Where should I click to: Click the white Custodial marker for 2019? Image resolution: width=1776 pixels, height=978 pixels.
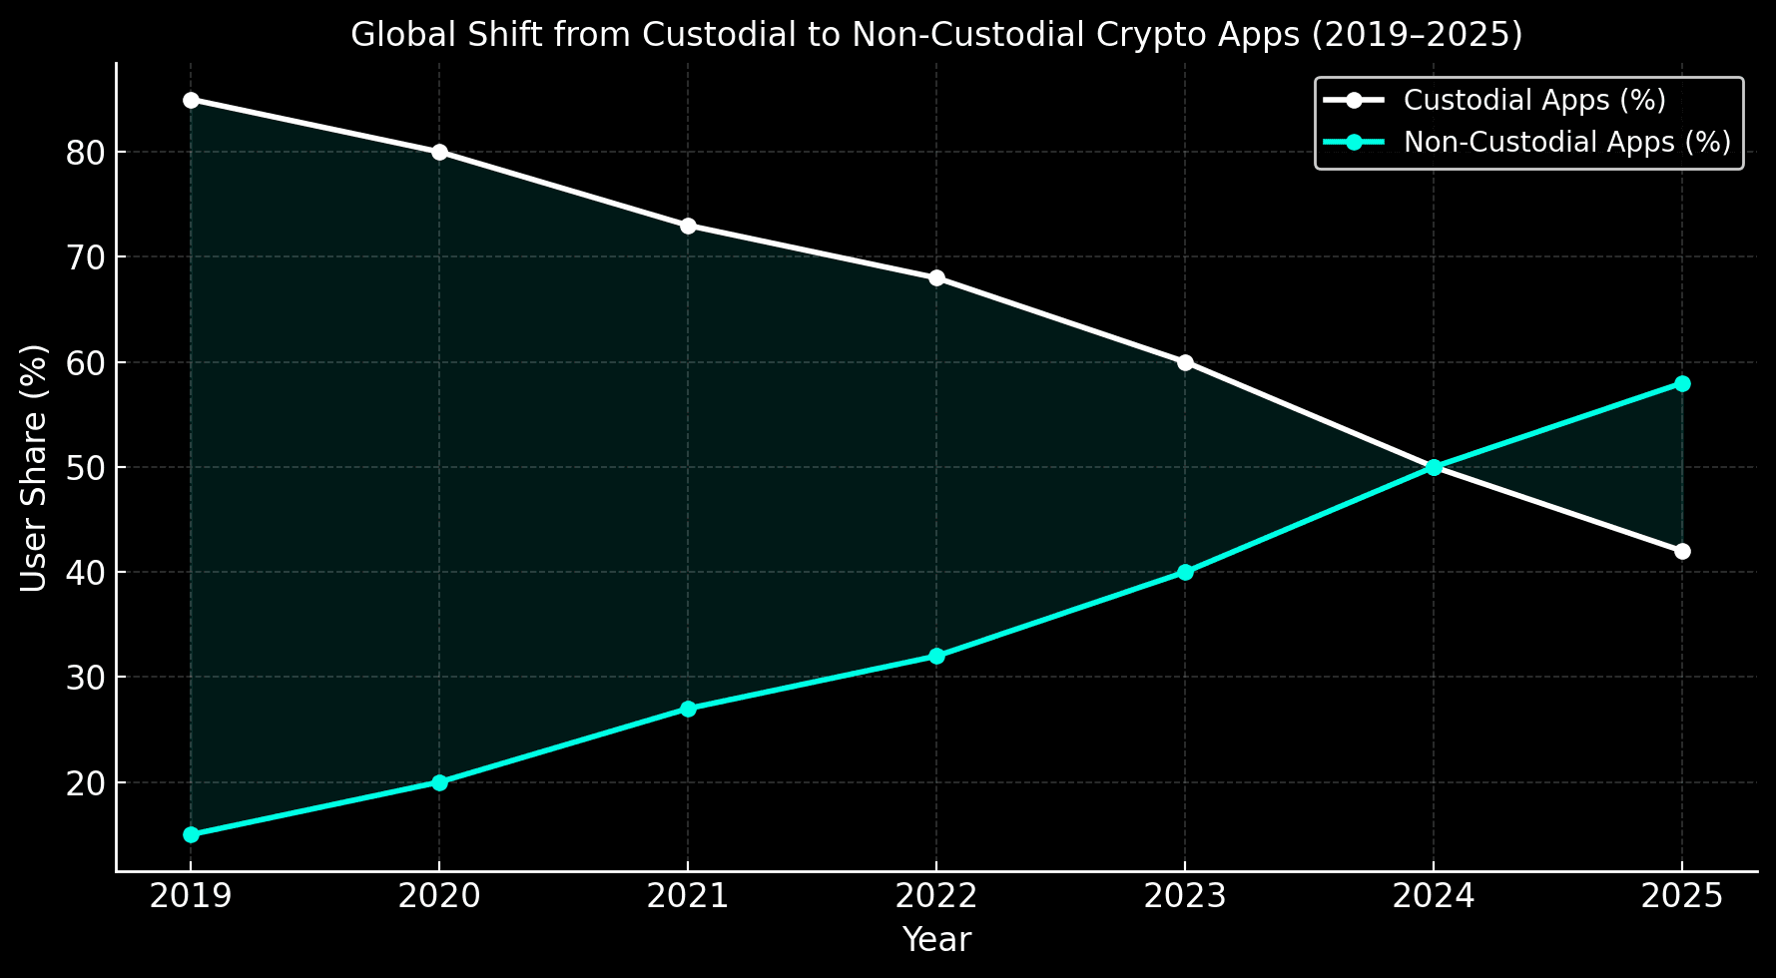[x=191, y=100]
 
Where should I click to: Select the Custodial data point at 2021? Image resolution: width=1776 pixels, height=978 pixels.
[x=688, y=226]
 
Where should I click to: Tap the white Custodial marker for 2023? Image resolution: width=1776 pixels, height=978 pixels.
[x=1185, y=362]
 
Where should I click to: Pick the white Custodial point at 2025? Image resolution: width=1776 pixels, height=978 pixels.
[x=1682, y=551]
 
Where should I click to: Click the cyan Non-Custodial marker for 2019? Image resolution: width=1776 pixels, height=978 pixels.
[x=191, y=834]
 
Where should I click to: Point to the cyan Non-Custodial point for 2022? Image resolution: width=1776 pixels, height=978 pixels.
[x=936, y=656]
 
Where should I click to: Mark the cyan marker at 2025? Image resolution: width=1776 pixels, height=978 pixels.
[x=1682, y=383]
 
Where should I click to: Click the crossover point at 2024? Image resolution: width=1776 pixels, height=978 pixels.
[x=1434, y=467]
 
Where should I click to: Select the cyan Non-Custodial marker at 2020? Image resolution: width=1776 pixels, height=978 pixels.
[x=439, y=782]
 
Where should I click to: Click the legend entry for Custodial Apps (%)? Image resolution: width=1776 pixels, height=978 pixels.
[x=1533, y=100]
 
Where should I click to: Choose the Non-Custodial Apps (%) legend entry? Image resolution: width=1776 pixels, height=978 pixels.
[x=1566, y=142]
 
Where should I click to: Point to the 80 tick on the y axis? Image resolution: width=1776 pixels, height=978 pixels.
[x=84, y=153]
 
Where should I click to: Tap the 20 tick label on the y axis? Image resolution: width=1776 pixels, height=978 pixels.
[x=84, y=783]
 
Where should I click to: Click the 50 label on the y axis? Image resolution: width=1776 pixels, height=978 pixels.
[x=84, y=468]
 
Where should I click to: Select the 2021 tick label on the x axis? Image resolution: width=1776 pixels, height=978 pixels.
[x=688, y=896]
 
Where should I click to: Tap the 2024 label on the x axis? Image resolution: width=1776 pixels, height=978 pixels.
[x=1434, y=896]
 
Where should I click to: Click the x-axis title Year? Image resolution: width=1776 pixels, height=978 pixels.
[x=936, y=940]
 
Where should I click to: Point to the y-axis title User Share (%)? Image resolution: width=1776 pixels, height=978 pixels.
[x=34, y=467]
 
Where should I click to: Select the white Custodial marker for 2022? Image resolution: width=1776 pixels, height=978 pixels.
[x=936, y=277]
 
